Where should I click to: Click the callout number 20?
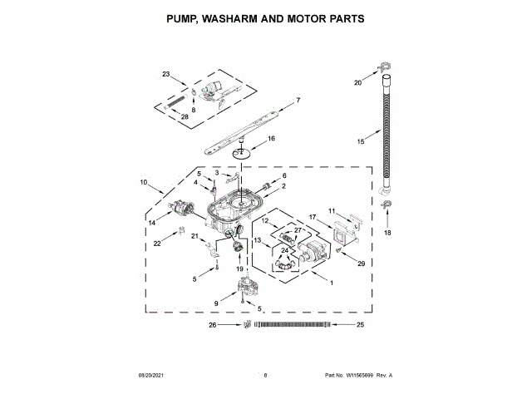[358, 83]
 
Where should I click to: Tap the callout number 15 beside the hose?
[361, 142]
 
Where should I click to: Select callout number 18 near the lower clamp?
[387, 234]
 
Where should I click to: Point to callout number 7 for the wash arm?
[298, 101]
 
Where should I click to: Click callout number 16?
[270, 138]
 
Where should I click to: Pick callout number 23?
[165, 75]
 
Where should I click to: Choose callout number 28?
[185, 117]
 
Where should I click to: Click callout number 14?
[152, 223]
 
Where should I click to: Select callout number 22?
[156, 244]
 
